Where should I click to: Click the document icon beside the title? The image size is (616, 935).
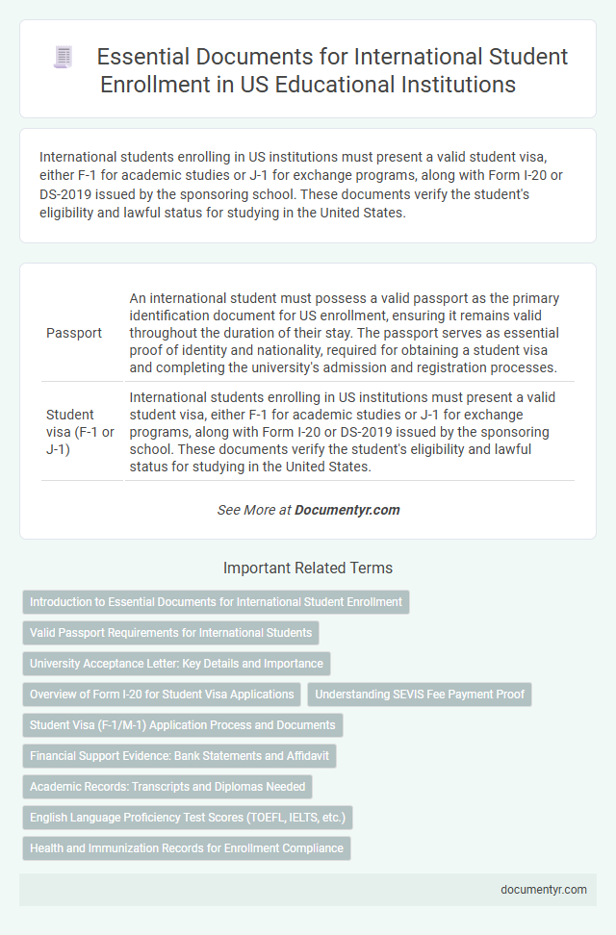[x=64, y=58]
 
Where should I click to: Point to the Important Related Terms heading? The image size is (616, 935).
[x=307, y=568]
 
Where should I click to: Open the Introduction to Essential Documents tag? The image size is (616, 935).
[x=216, y=602]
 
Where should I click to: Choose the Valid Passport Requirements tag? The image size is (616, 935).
[x=170, y=633]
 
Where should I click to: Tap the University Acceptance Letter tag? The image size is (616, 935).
[x=176, y=664]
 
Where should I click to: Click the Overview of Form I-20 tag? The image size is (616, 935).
[x=162, y=695]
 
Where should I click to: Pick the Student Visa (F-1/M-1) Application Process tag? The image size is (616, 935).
[x=183, y=725]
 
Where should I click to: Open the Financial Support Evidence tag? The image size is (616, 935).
[x=179, y=756]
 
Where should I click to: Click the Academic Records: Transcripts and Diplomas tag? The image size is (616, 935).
[x=167, y=787]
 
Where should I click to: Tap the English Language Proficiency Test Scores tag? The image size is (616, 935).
[x=188, y=818]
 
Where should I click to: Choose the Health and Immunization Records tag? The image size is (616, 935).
[x=187, y=848]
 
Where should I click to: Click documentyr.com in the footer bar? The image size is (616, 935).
[x=544, y=890]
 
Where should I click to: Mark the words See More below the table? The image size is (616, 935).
[x=247, y=510]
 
